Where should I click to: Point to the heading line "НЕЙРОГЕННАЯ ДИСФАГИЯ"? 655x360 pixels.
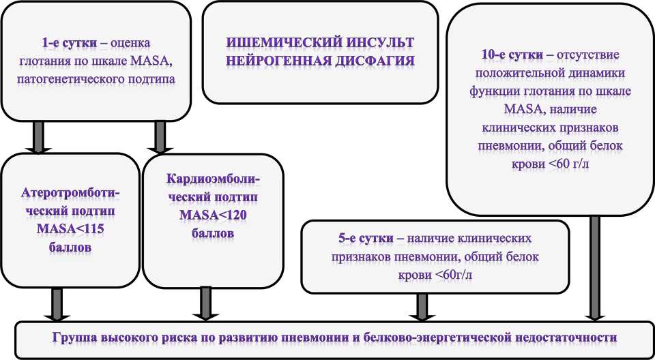321,61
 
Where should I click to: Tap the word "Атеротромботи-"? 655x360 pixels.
70,192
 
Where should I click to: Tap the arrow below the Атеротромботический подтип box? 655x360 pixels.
57,303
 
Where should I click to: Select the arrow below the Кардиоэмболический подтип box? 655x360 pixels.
203,303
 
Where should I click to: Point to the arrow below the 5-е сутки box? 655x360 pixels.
422,305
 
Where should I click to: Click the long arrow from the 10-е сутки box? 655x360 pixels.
595,266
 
